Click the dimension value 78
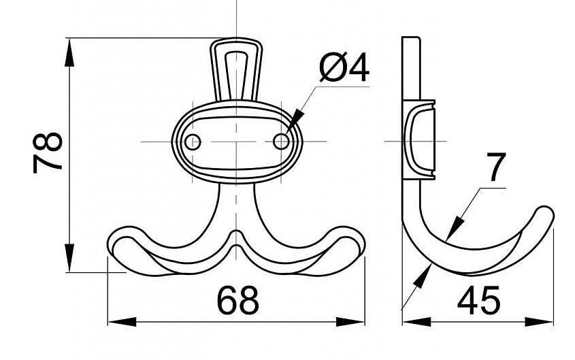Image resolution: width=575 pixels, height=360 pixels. [x=48, y=152]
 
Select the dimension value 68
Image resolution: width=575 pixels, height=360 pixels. [x=238, y=301]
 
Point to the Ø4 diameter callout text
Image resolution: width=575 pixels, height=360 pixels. [x=344, y=68]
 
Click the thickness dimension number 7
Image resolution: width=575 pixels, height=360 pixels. [x=496, y=167]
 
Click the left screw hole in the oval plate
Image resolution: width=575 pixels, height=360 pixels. [x=193, y=142]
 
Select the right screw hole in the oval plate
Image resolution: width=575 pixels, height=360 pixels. [x=281, y=142]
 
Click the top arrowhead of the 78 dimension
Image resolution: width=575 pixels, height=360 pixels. [x=69, y=53]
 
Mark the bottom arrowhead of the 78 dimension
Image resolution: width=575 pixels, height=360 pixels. [x=69, y=258]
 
